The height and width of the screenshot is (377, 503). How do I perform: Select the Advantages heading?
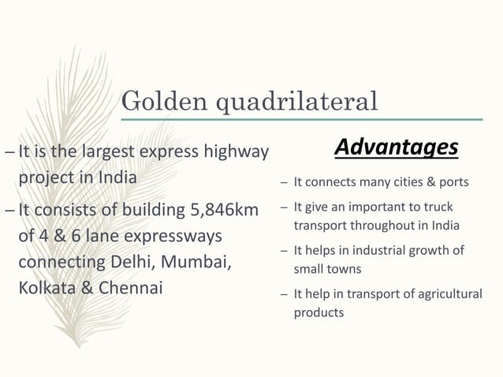[396, 147]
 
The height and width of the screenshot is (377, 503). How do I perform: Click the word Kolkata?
[48, 287]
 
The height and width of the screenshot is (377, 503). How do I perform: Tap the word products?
[319, 312]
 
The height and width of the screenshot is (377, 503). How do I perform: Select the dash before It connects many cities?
[283, 183]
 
